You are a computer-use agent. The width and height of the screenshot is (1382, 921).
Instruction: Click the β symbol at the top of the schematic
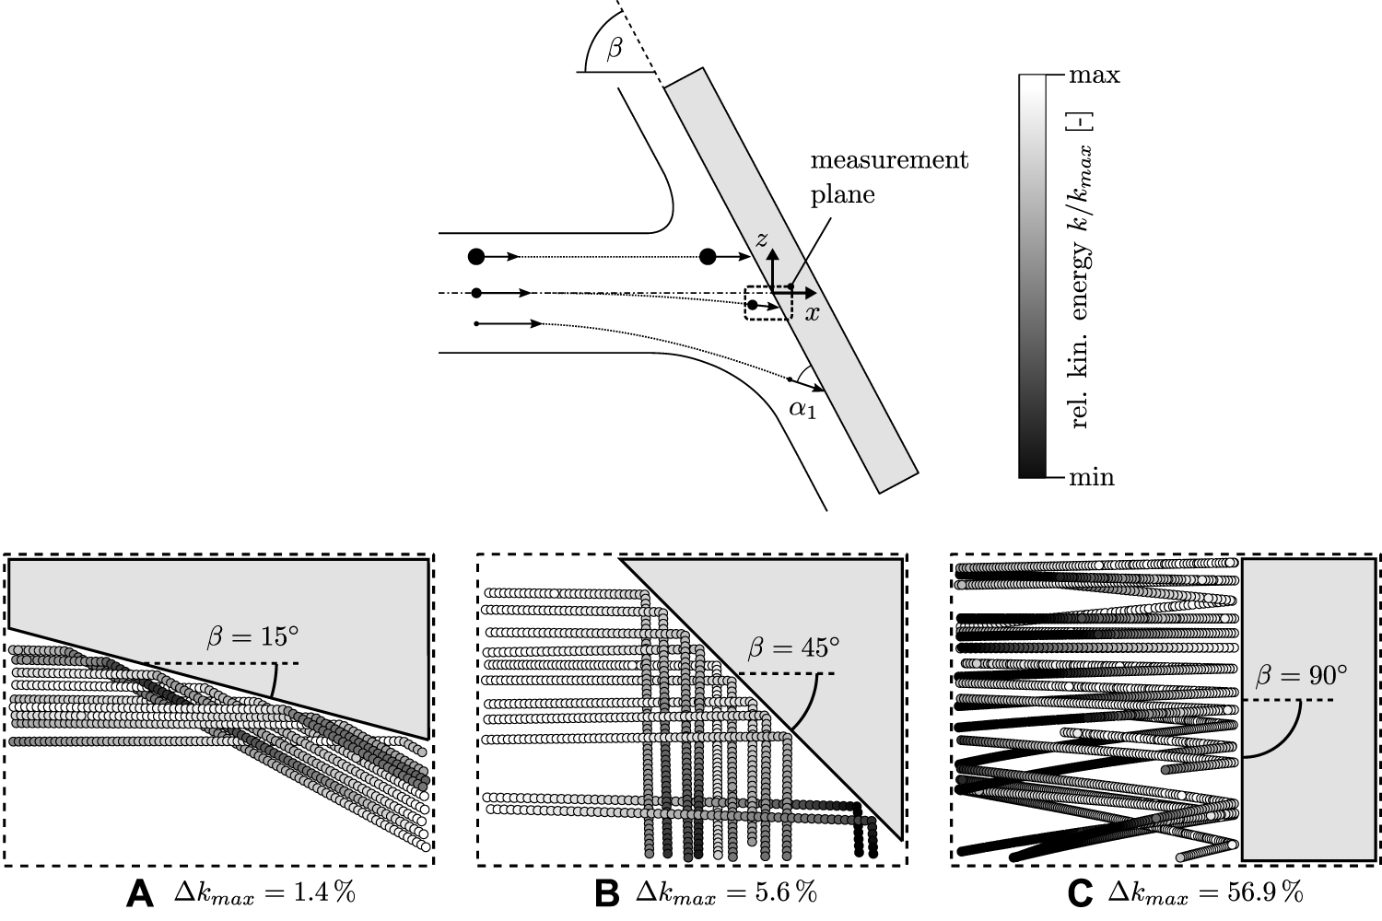[x=614, y=49]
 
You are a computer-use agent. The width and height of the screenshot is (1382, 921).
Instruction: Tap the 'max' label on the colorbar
[x=1094, y=76]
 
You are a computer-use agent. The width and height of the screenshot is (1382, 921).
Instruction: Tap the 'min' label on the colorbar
[x=1091, y=477]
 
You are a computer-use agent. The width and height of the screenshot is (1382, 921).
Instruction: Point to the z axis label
[x=761, y=239]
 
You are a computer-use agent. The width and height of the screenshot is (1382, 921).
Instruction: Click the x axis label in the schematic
[x=812, y=313]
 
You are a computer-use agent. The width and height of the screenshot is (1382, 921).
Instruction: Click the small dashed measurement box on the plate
[x=767, y=303]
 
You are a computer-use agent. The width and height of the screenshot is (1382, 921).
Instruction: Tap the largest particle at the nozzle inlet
[x=475, y=256]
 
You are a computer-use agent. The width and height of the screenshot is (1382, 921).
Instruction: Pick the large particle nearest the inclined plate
[x=708, y=256]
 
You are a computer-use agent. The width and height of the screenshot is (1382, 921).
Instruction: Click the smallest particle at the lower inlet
[x=475, y=324]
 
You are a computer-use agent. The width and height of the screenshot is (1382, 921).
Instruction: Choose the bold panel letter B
[x=606, y=892]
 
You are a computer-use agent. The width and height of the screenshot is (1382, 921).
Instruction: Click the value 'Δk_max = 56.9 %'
[x=1204, y=892]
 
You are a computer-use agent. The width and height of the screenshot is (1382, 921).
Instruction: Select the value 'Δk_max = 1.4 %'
[x=264, y=892]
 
